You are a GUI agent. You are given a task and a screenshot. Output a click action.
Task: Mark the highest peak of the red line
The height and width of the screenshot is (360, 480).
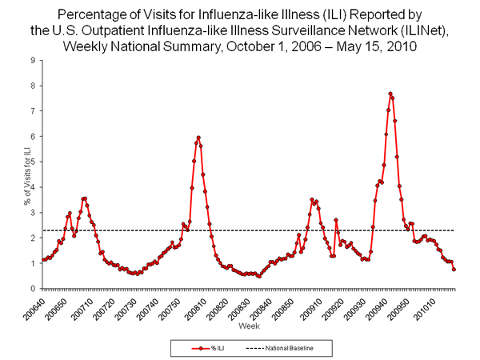coord(390,94)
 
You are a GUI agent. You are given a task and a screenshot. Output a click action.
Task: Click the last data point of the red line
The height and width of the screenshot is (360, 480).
coord(454,269)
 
